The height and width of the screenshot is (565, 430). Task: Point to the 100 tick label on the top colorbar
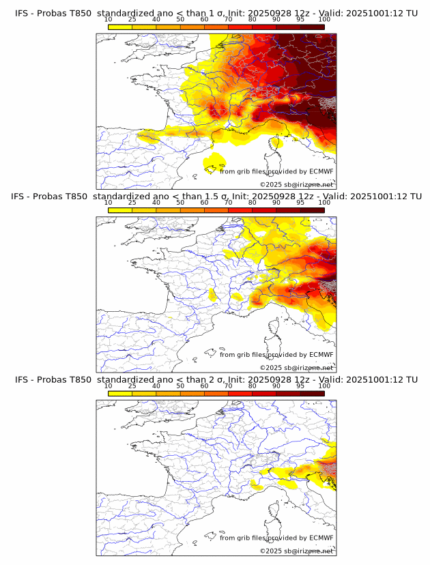(324, 19)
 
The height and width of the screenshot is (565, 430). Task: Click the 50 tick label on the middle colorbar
(180, 203)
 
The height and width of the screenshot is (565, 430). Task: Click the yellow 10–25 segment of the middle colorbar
(120, 210)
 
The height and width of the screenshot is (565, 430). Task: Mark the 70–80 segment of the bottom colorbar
(240, 394)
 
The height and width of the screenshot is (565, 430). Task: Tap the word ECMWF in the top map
(321, 171)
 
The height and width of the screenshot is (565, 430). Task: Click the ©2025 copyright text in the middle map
(270, 367)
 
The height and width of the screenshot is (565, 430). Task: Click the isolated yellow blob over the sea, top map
(214, 163)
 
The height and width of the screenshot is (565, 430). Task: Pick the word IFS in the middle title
(22, 197)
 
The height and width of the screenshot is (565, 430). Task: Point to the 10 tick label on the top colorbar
(109, 19)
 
